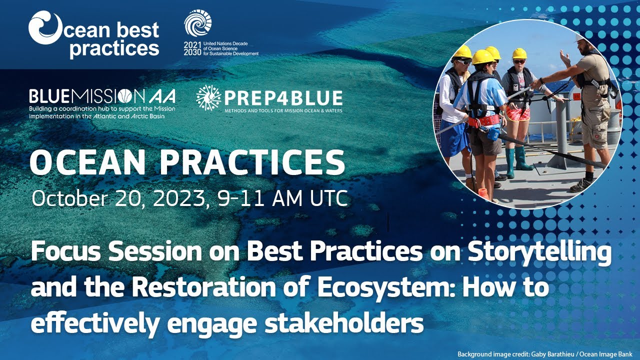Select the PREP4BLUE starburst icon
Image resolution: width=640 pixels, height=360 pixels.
[208, 97]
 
